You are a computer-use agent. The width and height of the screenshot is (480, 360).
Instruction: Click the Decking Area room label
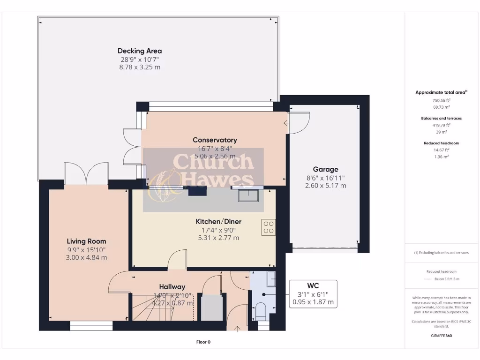140,51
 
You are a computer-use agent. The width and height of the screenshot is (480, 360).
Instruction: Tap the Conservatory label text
215,140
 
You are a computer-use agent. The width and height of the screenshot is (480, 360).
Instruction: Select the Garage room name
325,169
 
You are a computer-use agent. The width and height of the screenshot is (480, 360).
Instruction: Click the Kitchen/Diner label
218,221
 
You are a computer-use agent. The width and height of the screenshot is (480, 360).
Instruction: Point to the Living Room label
86,241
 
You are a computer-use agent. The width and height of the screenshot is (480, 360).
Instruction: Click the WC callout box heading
313,285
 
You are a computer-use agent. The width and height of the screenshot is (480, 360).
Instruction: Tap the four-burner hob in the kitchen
269,227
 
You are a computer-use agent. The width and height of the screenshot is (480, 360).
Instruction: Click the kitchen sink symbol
249,195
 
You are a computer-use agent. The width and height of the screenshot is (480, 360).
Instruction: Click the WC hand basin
271,280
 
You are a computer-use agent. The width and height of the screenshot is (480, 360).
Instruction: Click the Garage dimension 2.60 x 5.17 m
325,186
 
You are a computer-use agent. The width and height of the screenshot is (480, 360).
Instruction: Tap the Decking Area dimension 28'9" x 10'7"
140,60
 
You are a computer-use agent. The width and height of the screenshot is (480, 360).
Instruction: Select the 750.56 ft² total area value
441,100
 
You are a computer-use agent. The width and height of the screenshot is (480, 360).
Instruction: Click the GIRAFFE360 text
441,336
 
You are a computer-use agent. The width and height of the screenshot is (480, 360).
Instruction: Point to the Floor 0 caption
203,342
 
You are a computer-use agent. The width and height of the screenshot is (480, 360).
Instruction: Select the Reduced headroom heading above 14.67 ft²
441,143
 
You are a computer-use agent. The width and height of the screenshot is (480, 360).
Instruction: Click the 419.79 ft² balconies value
441,125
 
